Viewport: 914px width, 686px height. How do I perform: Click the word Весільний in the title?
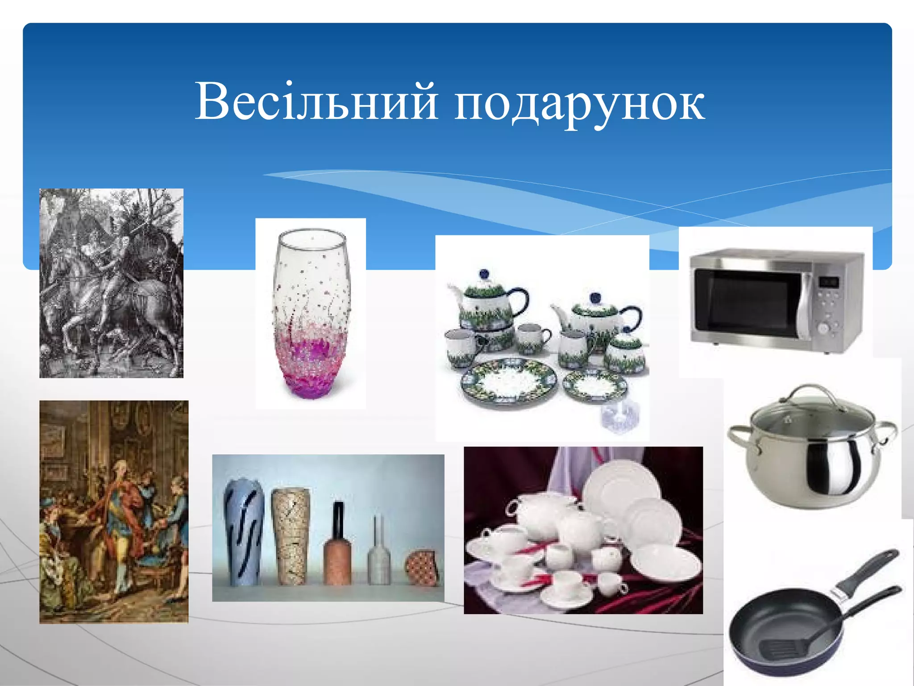[317, 102]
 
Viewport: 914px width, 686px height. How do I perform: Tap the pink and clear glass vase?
[311, 313]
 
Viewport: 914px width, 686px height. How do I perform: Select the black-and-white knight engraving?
[111, 283]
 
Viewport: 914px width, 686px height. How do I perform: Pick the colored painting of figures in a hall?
[114, 511]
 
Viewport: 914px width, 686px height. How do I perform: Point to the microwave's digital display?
[829, 282]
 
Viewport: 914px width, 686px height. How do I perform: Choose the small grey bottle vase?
[379, 558]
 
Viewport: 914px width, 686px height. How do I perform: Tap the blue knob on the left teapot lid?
[483, 274]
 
